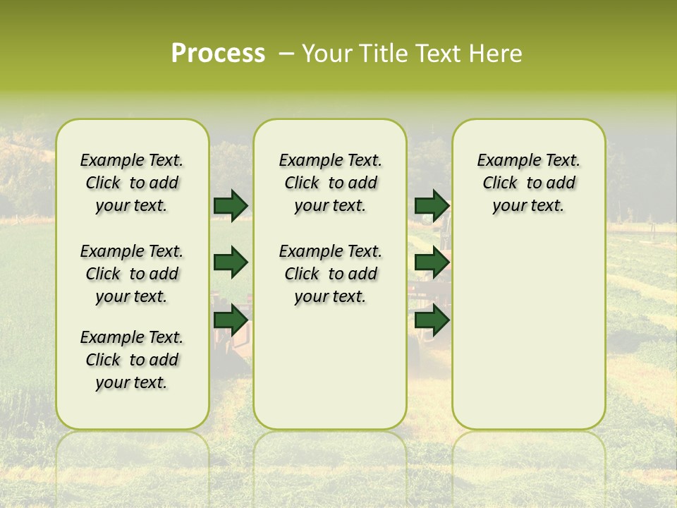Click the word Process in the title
click(218, 54)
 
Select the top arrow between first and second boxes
click(231, 206)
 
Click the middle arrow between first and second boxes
click(231, 263)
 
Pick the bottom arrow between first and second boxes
click(231, 320)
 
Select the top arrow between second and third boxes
click(432, 206)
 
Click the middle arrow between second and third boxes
click(432, 263)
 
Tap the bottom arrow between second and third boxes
click(432, 320)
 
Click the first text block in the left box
click(132, 183)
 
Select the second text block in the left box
click(132, 274)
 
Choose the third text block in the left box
click(132, 360)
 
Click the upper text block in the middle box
click(330, 183)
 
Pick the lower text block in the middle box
click(330, 274)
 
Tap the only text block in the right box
click(528, 183)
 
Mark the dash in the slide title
click(286, 54)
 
